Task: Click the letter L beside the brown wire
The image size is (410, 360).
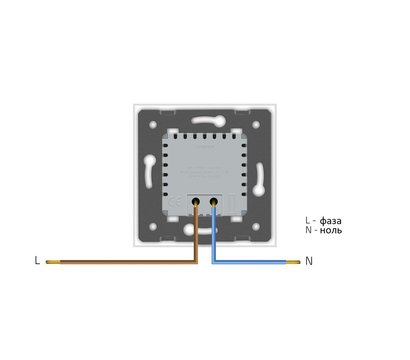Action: coord(37,260)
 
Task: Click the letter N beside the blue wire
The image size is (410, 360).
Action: coord(309,261)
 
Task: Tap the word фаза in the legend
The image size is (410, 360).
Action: coord(330,221)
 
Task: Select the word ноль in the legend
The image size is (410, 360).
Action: coord(331,230)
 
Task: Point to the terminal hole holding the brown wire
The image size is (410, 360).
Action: coord(196,201)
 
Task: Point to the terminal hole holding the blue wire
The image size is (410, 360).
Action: coord(214,201)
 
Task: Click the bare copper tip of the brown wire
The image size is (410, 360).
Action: coord(53,262)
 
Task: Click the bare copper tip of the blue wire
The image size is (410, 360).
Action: coord(293,262)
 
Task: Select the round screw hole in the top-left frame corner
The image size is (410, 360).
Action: coord(153,125)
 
